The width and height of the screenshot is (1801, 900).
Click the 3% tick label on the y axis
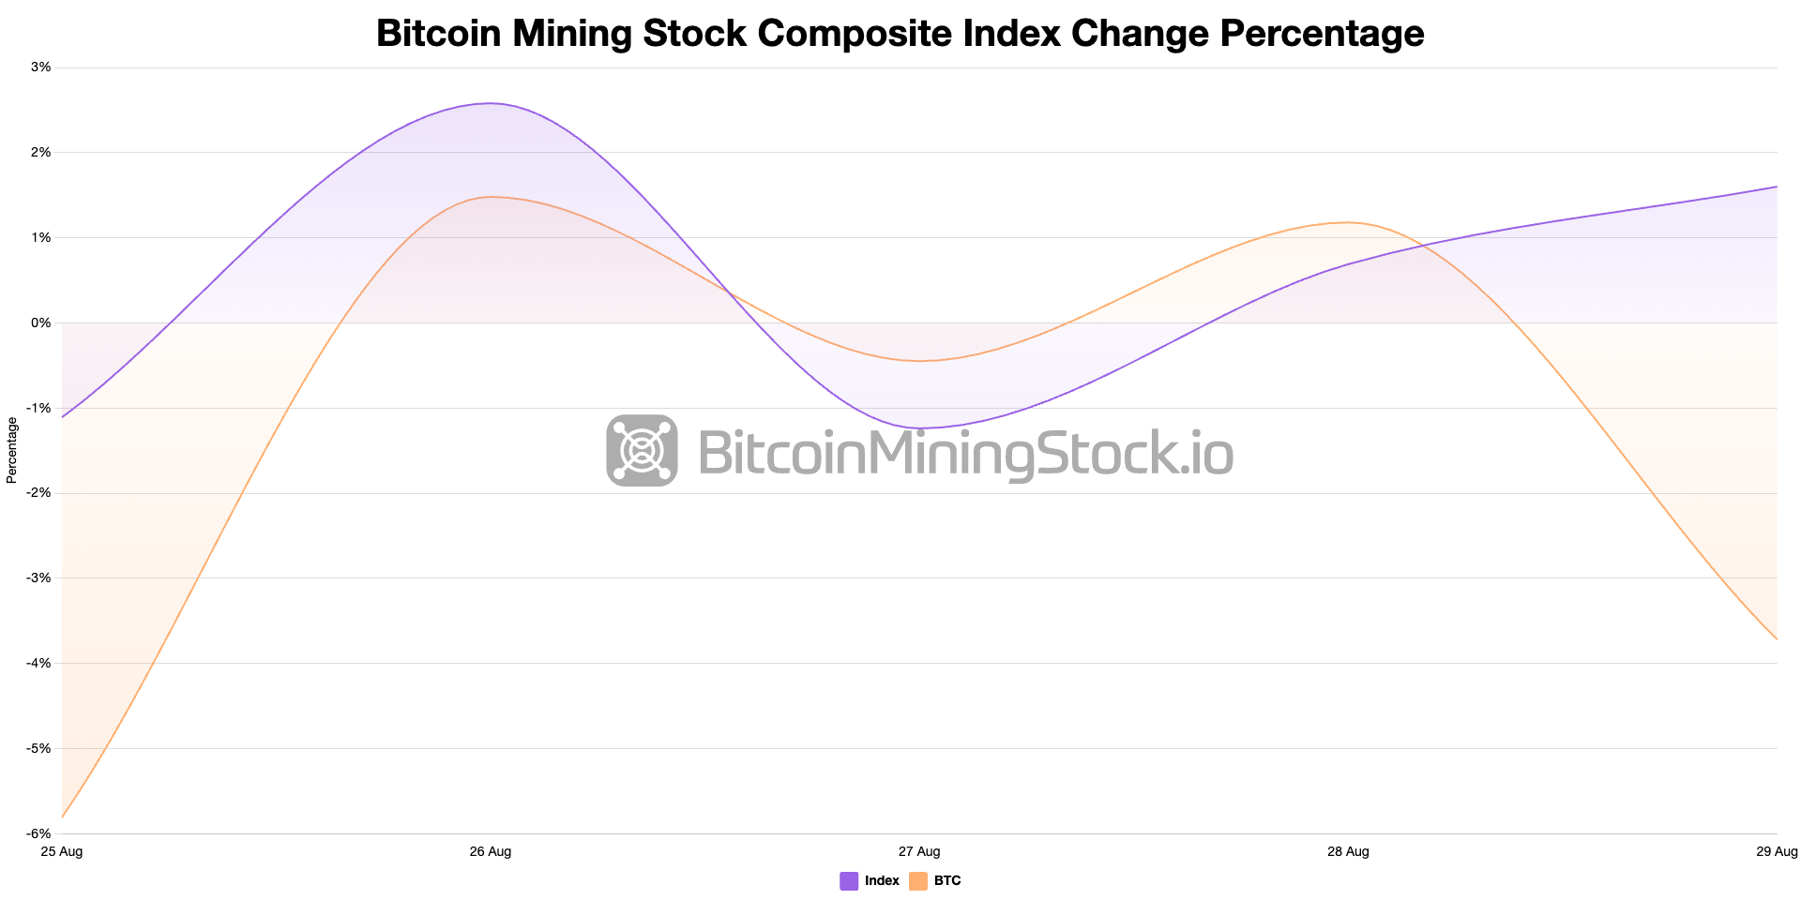41,67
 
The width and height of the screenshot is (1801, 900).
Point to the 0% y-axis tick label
41,322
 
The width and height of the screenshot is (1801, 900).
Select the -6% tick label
39,833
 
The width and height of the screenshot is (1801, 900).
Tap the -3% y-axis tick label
39,578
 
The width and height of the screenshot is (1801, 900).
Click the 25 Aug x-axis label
62,852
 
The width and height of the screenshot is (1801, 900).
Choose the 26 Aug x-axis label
491,852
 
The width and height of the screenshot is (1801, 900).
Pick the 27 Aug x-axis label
919,852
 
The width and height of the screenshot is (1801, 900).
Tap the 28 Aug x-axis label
1348,852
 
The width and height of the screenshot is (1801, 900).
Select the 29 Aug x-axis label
1777,852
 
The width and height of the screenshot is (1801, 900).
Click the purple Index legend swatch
849,881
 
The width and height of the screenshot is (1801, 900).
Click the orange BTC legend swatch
918,881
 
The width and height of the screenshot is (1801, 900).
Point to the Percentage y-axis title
12,450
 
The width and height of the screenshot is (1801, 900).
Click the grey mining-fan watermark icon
642,450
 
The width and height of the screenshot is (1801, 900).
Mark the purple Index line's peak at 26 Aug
491,103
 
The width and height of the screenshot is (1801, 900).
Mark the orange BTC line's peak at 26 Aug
491,197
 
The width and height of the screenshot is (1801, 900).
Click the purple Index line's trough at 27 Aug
919,428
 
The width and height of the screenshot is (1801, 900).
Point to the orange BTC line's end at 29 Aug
1777,639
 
